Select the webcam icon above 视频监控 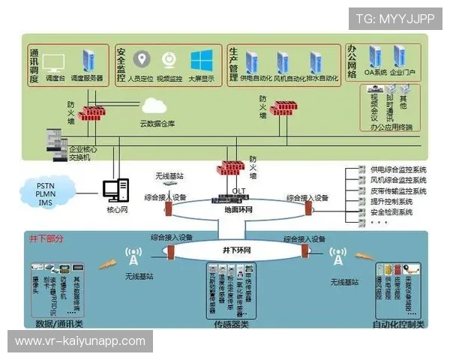pyautogui.click(x=170, y=60)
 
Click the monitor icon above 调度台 pyautogui.click(x=53, y=62)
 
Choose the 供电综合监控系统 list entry pyautogui.click(x=398, y=170)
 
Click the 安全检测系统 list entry pyautogui.click(x=392, y=212)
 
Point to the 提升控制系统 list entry pyautogui.click(x=392, y=202)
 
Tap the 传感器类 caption pyautogui.click(x=232, y=325)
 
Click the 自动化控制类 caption pyautogui.click(x=398, y=325)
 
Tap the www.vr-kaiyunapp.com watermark pyautogui.click(x=80, y=341)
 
